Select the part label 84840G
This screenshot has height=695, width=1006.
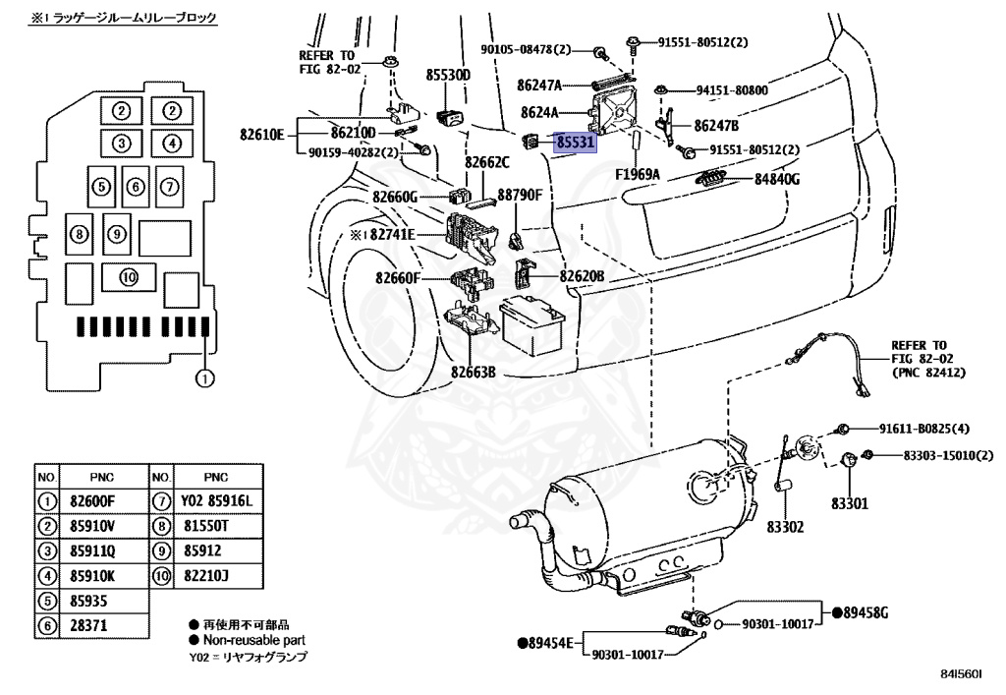point(777,180)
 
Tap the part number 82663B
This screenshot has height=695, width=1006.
point(474,372)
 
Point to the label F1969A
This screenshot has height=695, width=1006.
point(638,175)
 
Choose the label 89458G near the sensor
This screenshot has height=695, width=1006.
point(865,612)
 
